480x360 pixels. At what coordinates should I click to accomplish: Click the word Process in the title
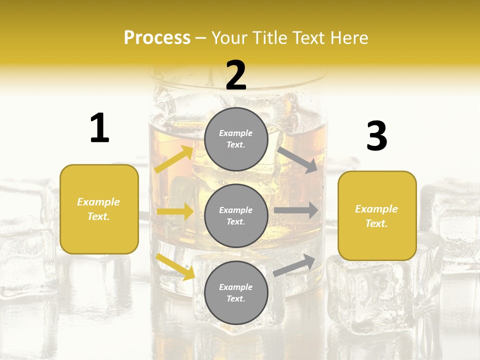157,38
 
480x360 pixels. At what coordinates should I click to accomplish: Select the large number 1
99,128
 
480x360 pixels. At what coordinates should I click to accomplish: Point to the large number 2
236,75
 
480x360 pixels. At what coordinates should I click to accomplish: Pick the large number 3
376,136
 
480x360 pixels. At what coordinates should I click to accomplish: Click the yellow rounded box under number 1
99,209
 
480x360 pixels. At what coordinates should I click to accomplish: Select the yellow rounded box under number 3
377,215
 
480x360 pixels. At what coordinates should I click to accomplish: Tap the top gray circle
236,139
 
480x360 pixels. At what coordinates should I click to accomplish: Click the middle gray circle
236,215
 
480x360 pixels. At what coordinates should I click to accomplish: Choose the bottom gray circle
236,292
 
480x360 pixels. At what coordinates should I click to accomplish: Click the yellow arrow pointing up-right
174,159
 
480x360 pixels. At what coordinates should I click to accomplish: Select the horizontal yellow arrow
175,211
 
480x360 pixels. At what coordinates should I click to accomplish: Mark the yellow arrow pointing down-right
175,266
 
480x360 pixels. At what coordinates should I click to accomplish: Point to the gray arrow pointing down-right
297,159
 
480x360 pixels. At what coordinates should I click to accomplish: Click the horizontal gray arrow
296,210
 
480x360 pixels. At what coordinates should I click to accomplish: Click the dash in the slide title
201,38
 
